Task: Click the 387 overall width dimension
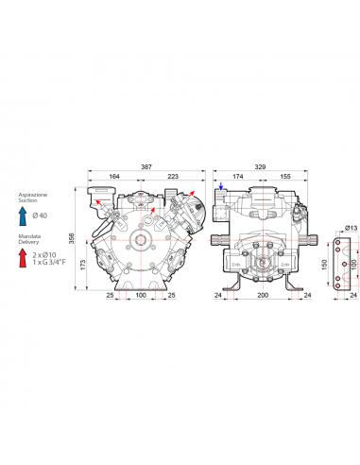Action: click(146, 167)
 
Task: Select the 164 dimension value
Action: click(114, 177)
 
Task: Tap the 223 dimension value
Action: click(173, 177)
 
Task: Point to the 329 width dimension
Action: click(260, 167)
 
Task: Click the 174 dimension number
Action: click(238, 177)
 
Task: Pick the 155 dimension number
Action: click(285, 177)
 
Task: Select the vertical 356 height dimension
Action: click(72, 238)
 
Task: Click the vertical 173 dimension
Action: click(83, 265)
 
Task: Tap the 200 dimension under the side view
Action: click(263, 295)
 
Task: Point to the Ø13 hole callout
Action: click(351, 228)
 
